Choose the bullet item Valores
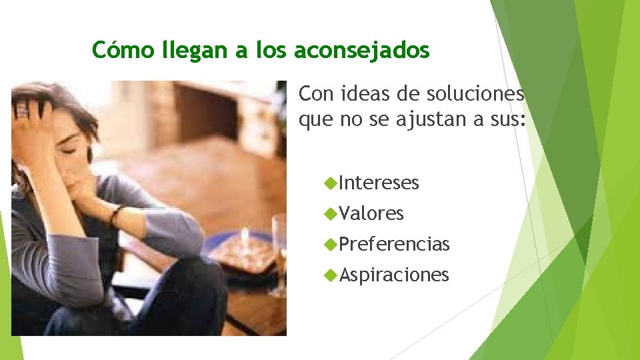pos(371,213)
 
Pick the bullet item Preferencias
pos(393,244)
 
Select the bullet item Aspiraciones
pos(393,275)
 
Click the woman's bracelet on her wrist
pos(116,215)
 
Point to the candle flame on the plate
pos(245,235)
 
